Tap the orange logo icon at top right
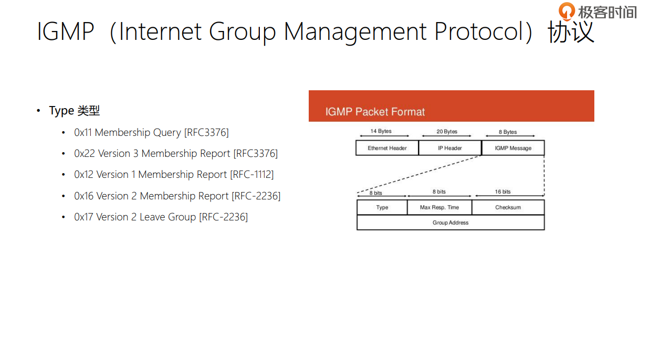(567, 11)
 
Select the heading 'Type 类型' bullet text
(74, 111)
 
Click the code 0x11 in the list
(83, 132)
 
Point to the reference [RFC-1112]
(251, 174)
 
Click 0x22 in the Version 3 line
(84, 153)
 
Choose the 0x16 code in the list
(84, 196)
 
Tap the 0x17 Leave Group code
(84, 217)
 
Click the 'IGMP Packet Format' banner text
(375, 112)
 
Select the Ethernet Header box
(387, 148)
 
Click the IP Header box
(450, 148)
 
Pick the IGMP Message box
(513, 148)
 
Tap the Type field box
(382, 207)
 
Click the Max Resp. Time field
(439, 207)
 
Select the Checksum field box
(508, 207)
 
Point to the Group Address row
(450, 223)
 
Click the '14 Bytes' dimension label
(381, 131)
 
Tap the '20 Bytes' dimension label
(447, 131)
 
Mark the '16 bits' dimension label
(502, 192)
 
